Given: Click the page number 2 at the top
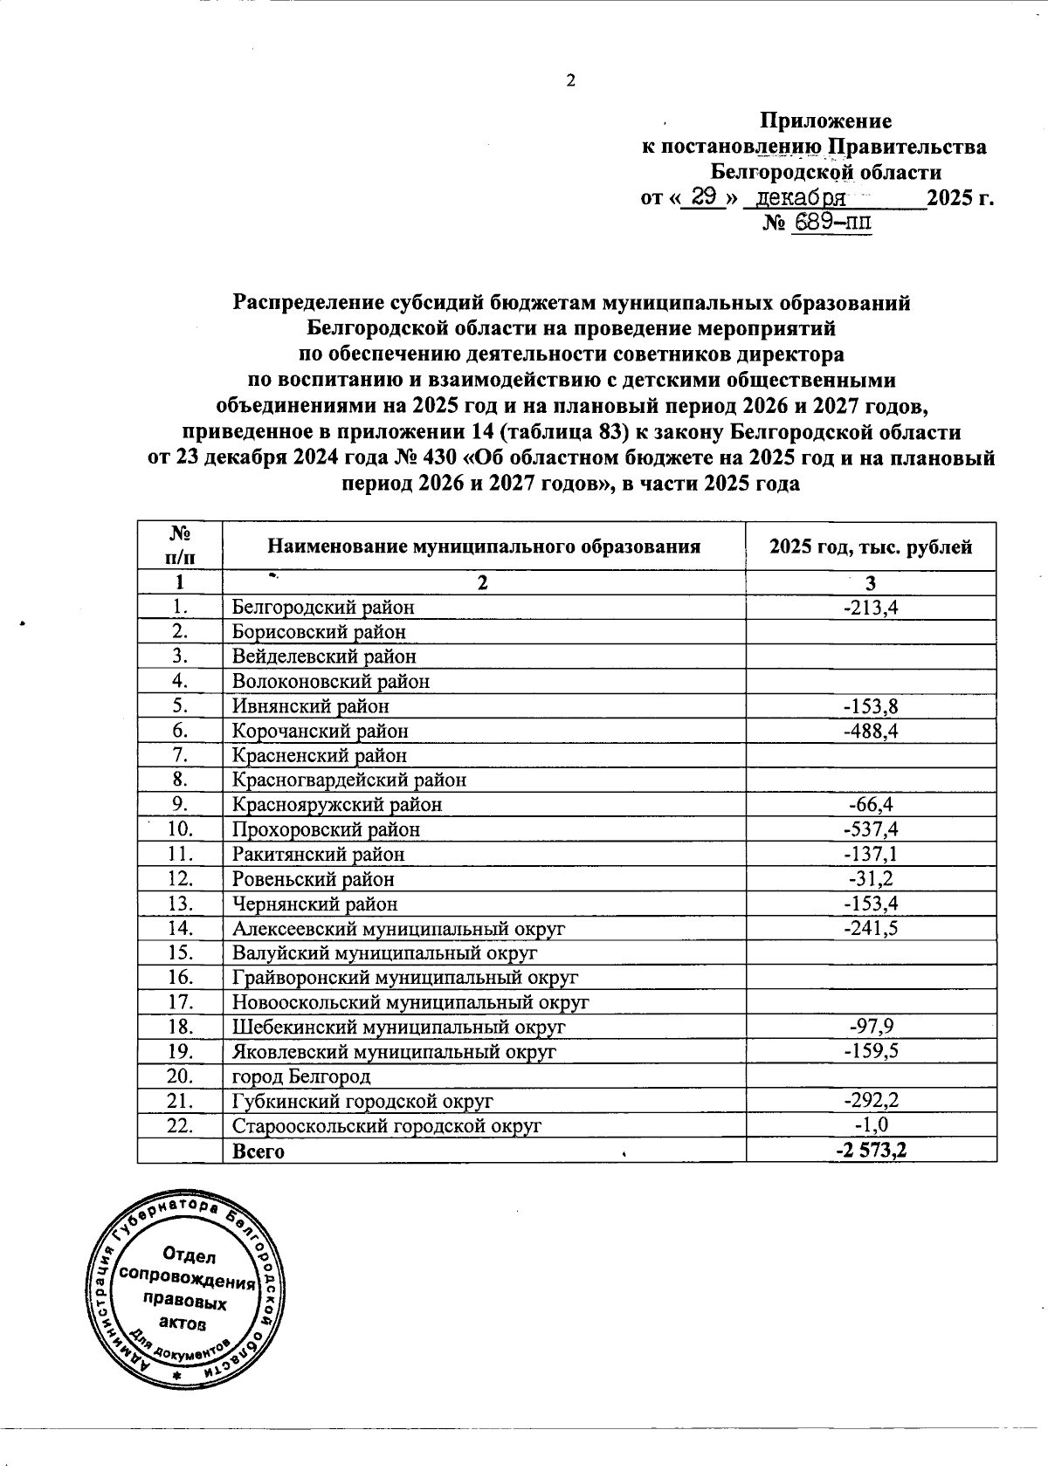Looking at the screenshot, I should click(571, 81).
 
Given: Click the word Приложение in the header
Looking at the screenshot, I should click(824, 121).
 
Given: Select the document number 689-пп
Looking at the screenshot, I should click(831, 223).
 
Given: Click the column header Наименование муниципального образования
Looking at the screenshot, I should click(484, 547).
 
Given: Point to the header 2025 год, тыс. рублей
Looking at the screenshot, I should click(871, 547).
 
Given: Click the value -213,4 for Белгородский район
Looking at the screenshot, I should click(871, 607).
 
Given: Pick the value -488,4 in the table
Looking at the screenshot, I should click(871, 731).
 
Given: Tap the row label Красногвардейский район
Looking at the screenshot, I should click(348, 780).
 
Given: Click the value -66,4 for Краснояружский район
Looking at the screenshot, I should click(871, 805).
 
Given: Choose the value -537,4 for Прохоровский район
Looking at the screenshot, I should click(871, 829).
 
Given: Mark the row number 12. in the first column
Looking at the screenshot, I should click(180, 879).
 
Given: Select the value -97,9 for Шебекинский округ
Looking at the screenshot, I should click(871, 1028).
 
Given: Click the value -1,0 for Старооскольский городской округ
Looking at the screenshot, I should click(871, 1126).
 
